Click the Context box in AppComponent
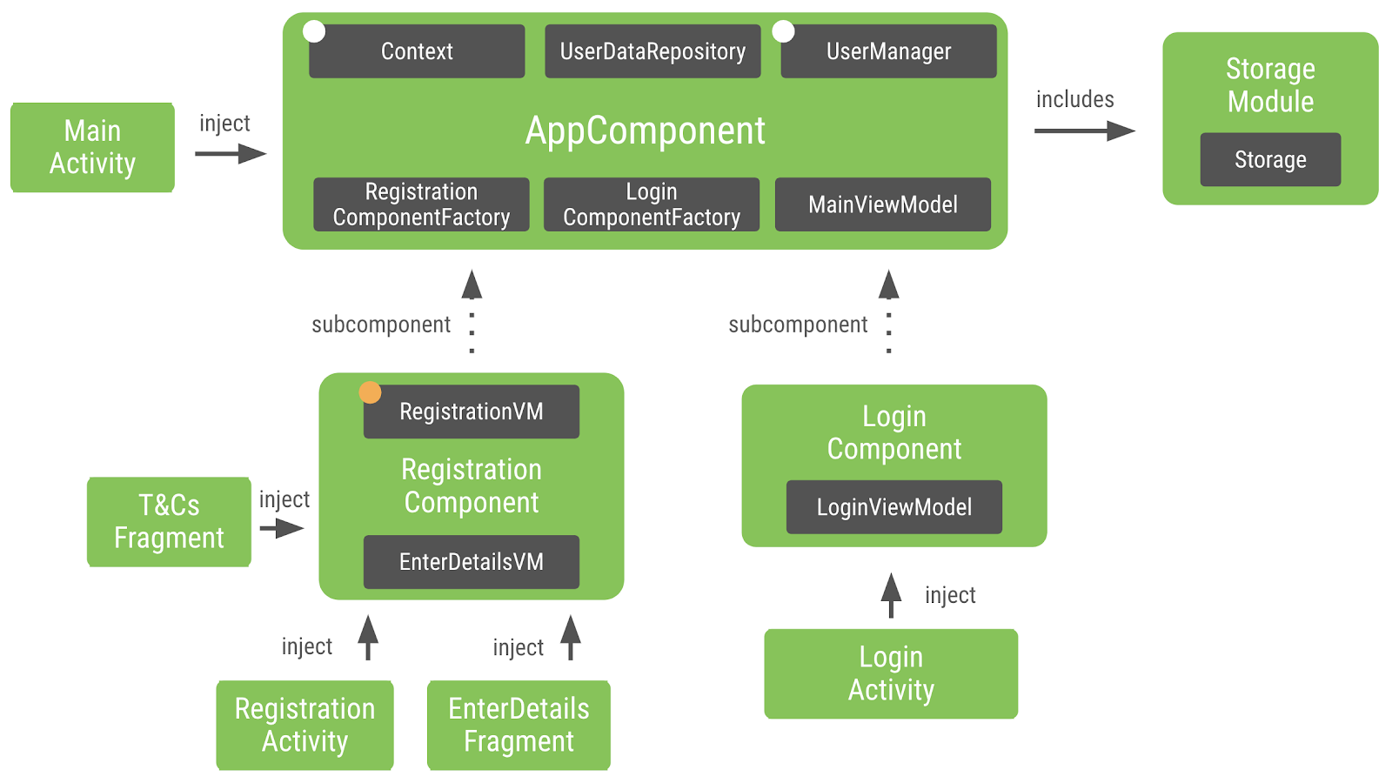tap(417, 51)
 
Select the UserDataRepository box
tap(652, 51)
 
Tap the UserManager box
tap(888, 51)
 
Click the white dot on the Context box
tap(314, 32)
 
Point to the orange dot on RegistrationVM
tap(371, 392)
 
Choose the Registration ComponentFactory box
tap(421, 204)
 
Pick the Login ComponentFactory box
tap(652, 204)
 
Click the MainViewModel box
tap(882, 204)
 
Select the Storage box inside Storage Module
tap(1270, 159)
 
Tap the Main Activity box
tap(92, 147)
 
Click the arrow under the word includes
tap(1084, 131)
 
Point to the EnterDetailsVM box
tap(471, 562)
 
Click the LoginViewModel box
tap(893, 507)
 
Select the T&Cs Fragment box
tap(169, 521)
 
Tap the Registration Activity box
tap(304, 725)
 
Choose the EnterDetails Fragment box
tap(519, 725)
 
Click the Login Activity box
tap(891, 673)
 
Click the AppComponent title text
tap(645, 130)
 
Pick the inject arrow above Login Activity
tap(891, 596)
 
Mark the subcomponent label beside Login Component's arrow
tap(798, 325)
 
